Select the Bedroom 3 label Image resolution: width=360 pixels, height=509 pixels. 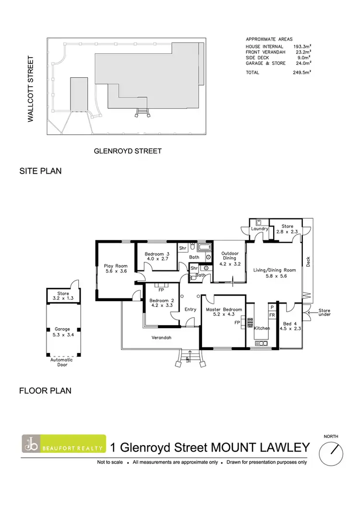(x=158, y=254)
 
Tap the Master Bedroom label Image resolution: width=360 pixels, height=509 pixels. (x=224, y=310)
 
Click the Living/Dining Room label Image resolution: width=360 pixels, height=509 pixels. (x=275, y=270)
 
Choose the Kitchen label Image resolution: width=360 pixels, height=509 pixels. (x=262, y=328)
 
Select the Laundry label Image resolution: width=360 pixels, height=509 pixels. (x=259, y=229)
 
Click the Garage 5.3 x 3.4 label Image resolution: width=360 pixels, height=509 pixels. (x=63, y=332)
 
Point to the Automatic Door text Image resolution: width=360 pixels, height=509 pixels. (x=62, y=362)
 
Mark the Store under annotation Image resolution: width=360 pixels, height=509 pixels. (x=324, y=313)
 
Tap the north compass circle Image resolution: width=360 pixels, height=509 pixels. (x=331, y=453)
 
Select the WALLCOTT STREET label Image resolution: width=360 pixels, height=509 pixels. (x=31, y=89)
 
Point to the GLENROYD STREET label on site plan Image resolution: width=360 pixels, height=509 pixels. (x=127, y=151)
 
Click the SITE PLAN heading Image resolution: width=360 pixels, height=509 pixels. (x=40, y=171)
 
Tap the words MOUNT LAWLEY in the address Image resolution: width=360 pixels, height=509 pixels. (x=260, y=448)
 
